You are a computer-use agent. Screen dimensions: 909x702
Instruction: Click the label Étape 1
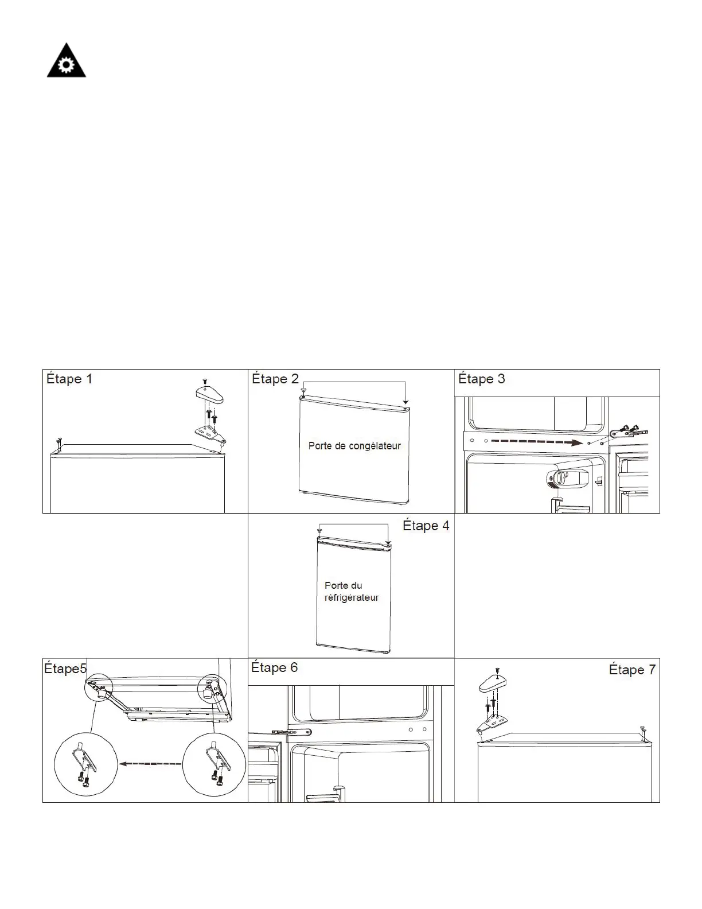tap(69, 379)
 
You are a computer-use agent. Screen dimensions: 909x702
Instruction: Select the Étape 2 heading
tap(275, 379)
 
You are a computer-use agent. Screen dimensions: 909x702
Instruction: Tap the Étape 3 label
tap(482, 379)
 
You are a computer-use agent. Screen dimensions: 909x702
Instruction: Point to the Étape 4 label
tap(426, 526)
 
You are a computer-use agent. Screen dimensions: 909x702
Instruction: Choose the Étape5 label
tap(65, 669)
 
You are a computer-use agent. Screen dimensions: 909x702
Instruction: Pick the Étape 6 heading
tap(275, 668)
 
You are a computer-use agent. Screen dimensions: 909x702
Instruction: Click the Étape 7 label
tap(632, 670)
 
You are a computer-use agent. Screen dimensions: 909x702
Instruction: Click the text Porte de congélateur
tap(354, 446)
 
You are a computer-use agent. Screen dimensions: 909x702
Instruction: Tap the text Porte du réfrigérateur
tap(352, 592)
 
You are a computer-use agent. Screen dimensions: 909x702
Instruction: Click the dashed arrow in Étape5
tap(150, 764)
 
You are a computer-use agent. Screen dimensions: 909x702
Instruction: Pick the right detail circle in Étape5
tap(214, 765)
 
